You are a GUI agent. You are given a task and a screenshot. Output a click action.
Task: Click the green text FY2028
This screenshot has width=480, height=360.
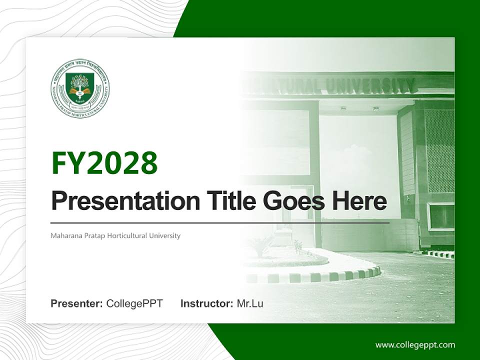104,163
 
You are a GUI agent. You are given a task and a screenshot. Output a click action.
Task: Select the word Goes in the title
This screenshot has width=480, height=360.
290,201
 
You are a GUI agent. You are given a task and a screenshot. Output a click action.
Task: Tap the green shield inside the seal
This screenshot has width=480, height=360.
80,86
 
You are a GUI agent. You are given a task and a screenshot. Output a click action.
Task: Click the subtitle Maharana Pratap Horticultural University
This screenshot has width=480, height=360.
115,235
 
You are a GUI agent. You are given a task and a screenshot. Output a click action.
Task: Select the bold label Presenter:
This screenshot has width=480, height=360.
77,303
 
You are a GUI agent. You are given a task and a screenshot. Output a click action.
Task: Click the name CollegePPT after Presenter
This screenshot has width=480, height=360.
134,303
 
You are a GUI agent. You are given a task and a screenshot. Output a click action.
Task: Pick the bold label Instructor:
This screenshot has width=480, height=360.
206,303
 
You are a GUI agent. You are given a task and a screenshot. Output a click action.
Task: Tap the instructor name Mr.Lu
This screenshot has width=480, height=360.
250,303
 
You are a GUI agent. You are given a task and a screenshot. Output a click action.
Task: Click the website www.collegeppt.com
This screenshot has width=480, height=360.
415,344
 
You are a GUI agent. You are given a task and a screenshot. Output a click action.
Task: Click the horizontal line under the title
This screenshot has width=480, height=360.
220,222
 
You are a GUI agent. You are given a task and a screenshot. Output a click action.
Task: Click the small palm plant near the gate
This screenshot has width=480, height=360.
260,245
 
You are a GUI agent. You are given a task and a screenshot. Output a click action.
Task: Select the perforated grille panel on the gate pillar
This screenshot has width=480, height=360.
439,150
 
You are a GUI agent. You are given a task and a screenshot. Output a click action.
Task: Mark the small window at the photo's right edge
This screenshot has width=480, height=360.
441,216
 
